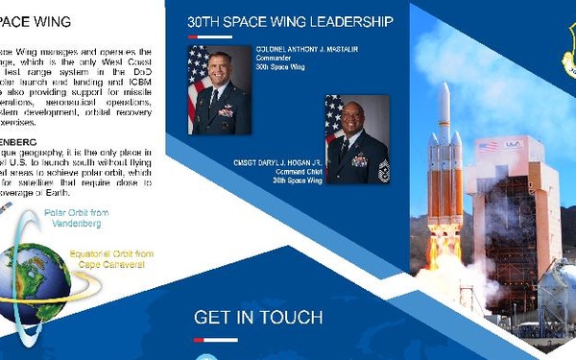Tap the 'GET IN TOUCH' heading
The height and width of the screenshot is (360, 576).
coord(258,318)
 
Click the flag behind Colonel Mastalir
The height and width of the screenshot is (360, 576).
coord(197,82)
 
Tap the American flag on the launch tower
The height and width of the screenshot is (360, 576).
coord(489,146)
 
